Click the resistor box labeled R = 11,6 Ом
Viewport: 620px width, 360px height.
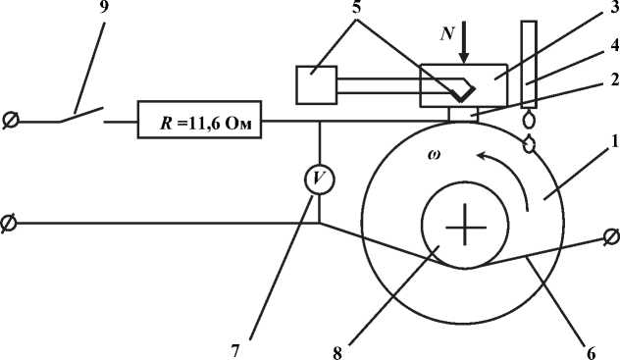click(199, 120)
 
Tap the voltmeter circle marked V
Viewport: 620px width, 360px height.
click(319, 180)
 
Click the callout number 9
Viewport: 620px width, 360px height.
click(104, 7)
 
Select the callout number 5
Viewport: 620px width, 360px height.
click(357, 7)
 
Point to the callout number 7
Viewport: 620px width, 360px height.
click(235, 351)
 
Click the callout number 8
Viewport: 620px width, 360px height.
click(336, 353)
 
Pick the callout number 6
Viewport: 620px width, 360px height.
click(591, 353)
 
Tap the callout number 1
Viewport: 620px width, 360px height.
click(614, 141)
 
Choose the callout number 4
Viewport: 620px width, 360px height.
click(614, 45)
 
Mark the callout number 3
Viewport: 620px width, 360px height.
click(614, 7)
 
